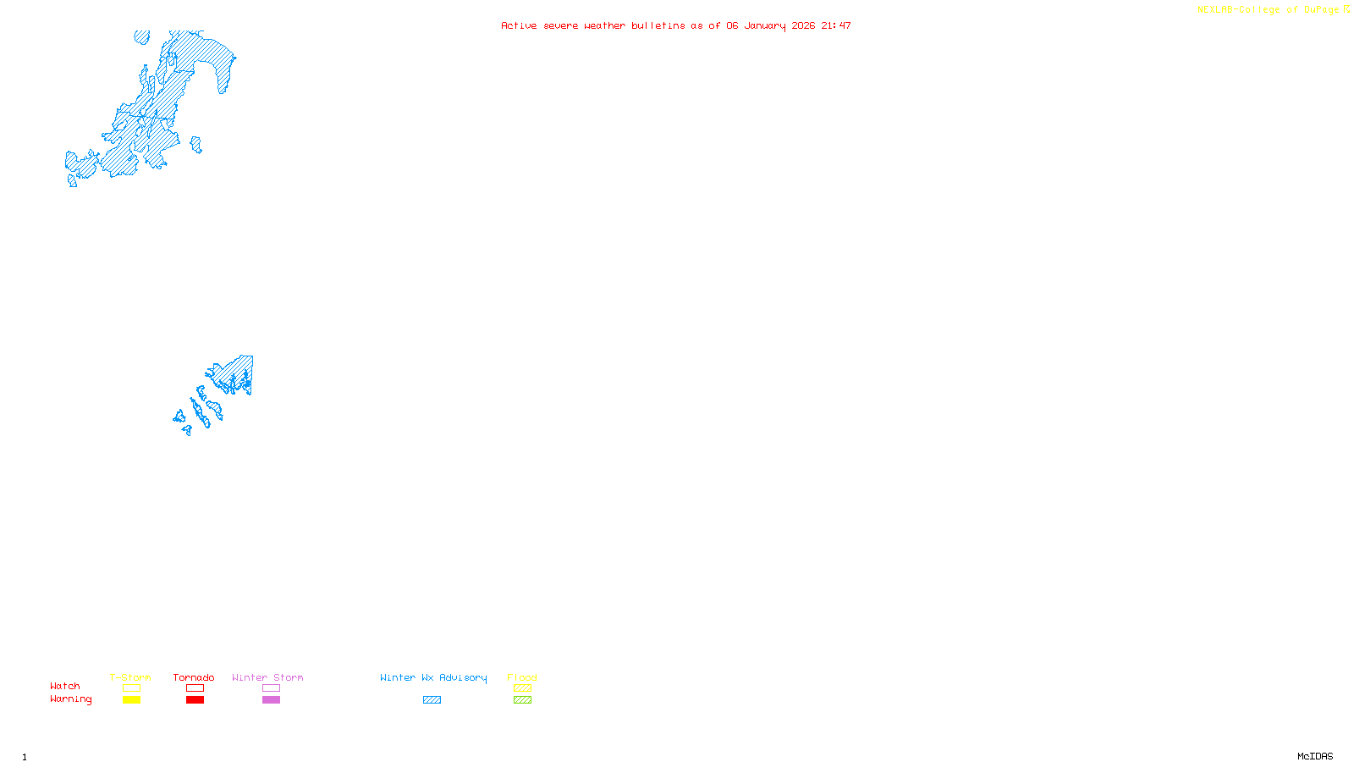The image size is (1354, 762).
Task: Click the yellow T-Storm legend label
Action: pos(130,677)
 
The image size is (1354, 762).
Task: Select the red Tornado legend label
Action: pos(194,677)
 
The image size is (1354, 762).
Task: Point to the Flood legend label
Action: pos(522,677)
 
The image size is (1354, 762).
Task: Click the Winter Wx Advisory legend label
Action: pos(433,677)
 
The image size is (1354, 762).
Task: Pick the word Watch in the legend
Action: pos(65,686)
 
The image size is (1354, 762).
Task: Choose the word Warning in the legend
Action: pos(70,699)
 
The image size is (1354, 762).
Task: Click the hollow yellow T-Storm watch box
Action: pos(131,688)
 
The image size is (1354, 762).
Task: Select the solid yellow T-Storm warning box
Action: pos(131,700)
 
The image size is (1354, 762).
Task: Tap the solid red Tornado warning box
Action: pos(195,700)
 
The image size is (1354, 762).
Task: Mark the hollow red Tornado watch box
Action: pos(195,688)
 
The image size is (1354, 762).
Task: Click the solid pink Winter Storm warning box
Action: pos(271,700)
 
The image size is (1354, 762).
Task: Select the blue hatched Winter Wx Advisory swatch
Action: pos(432,700)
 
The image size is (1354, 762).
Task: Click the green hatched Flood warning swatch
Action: pos(522,700)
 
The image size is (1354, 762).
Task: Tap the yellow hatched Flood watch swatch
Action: pos(522,688)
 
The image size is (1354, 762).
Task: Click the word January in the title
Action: pos(765,25)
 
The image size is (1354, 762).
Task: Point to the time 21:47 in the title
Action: pos(836,25)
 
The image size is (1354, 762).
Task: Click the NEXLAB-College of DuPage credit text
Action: pos(1268,10)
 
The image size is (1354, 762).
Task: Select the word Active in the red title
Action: pos(519,25)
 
